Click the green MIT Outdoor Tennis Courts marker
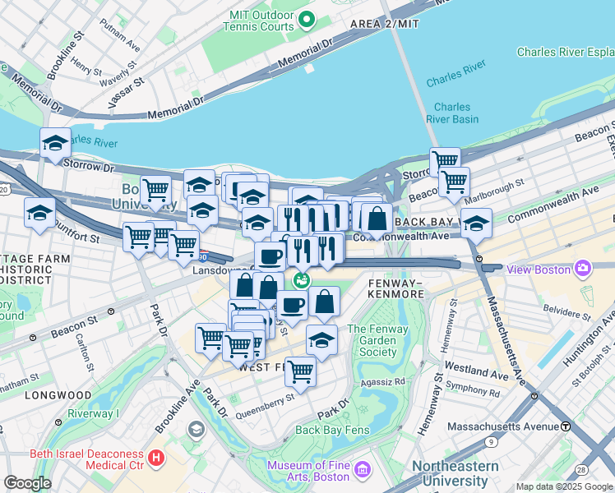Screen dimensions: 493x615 coord(307,20)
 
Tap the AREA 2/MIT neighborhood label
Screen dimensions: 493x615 coord(384,24)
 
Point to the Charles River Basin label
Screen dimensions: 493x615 coord(452,113)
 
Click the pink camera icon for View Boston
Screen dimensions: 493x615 coord(584,268)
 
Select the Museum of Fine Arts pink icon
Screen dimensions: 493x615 coord(363,471)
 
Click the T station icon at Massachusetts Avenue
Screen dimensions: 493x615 coord(566,426)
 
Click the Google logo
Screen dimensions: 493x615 coord(27,483)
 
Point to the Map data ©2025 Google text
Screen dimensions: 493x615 coord(564,486)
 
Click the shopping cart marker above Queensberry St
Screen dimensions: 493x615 coord(301,371)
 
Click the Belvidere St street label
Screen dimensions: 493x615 coord(567,310)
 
